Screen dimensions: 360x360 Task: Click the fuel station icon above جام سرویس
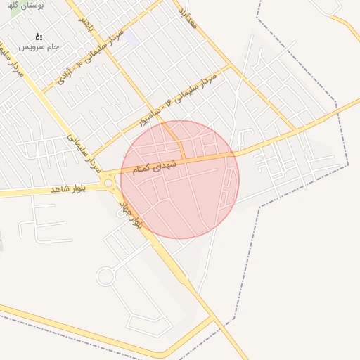[38, 36]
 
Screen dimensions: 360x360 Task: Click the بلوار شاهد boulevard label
[70, 188]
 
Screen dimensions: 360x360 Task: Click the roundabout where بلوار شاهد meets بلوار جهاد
[109, 184]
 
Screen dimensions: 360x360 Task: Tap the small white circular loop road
[105, 276]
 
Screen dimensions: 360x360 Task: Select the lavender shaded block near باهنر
[132, 35]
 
